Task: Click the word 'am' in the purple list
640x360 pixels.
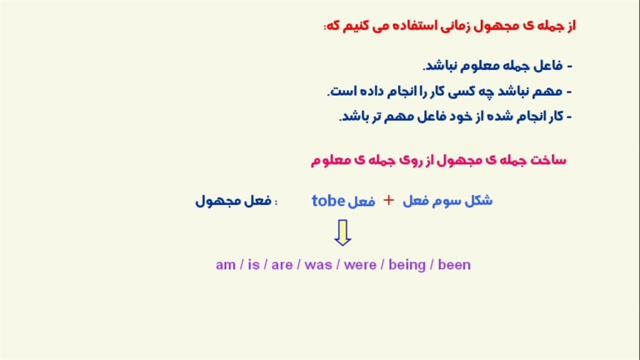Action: (x=225, y=265)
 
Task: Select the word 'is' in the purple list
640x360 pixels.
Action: (x=253, y=264)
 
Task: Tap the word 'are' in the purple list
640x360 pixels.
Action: (x=282, y=265)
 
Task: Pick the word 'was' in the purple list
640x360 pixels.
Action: (x=318, y=265)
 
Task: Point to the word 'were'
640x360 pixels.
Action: (x=360, y=265)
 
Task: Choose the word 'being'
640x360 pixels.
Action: (x=407, y=265)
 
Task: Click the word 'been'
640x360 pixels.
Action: (x=454, y=264)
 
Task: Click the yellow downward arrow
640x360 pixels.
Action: (x=342, y=232)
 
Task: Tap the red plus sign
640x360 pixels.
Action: (x=388, y=200)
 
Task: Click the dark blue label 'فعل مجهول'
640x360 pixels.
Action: (x=233, y=201)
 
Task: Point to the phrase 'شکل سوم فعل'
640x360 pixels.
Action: (x=447, y=200)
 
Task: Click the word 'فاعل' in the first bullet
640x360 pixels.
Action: (x=549, y=65)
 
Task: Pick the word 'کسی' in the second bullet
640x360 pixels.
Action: (x=461, y=91)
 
